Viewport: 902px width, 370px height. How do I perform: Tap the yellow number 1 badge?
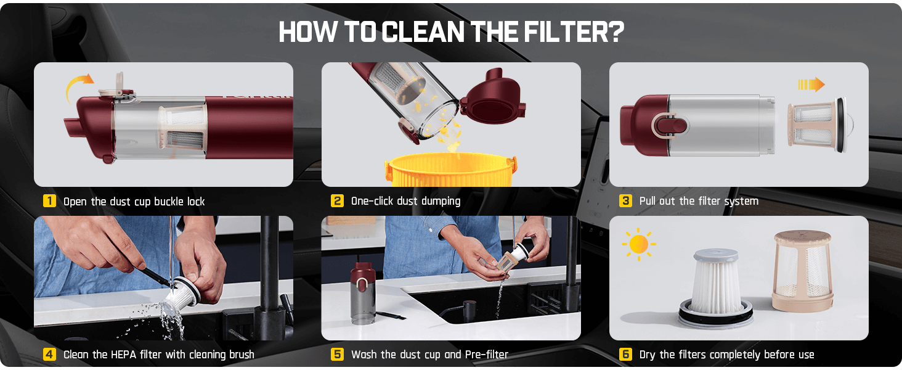click(x=49, y=200)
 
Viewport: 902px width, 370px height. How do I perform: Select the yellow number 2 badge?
click(x=337, y=200)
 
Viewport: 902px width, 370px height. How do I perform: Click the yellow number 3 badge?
click(x=625, y=200)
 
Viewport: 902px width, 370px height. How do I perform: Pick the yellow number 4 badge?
click(x=49, y=355)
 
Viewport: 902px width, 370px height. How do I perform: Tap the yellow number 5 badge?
click(x=337, y=355)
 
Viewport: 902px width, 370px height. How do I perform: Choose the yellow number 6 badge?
click(x=625, y=355)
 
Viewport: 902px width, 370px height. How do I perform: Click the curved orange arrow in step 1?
click(x=75, y=82)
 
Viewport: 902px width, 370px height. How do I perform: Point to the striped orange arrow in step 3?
click(x=811, y=84)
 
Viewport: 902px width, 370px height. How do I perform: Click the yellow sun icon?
click(x=639, y=244)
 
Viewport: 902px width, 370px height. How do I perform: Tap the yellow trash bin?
click(x=451, y=170)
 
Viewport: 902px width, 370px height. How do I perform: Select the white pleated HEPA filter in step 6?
click(x=715, y=286)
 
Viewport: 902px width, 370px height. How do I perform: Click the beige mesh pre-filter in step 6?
click(x=802, y=271)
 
